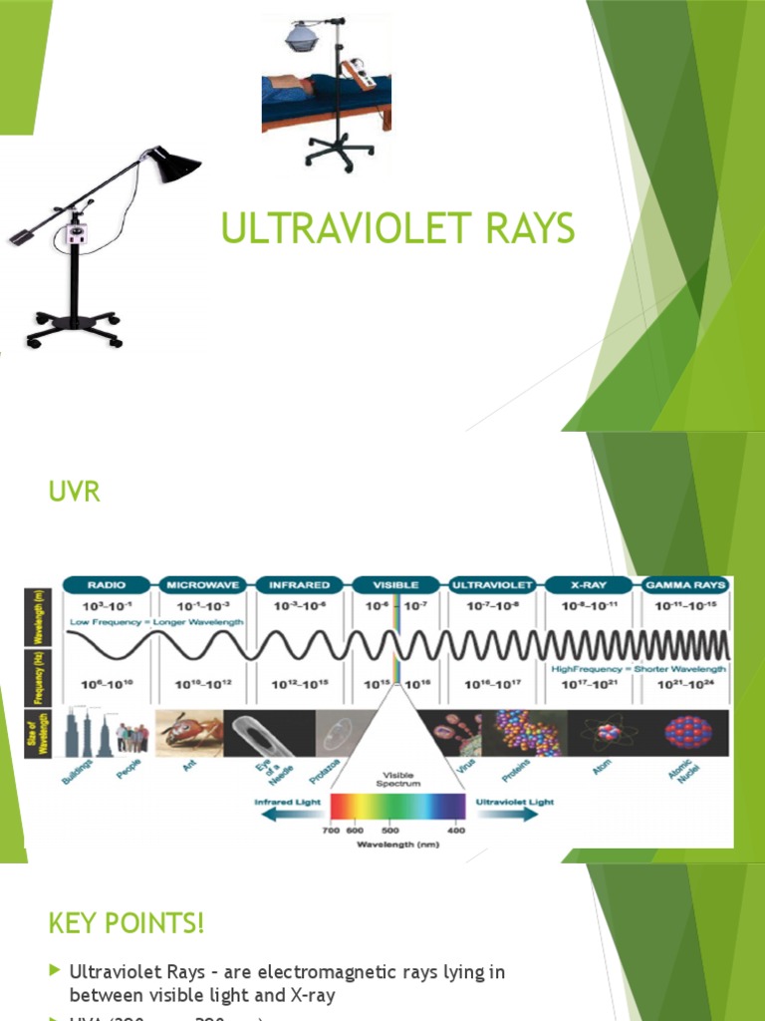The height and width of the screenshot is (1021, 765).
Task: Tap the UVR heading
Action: (x=75, y=493)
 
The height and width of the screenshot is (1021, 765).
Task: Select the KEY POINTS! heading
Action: (x=126, y=923)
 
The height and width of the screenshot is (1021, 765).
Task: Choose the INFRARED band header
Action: (x=299, y=584)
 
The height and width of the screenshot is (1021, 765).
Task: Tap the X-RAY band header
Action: (x=589, y=584)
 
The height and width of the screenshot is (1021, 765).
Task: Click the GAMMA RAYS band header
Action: (x=685, y=584)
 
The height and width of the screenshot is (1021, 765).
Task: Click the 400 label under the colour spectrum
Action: (x=456, y=831)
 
